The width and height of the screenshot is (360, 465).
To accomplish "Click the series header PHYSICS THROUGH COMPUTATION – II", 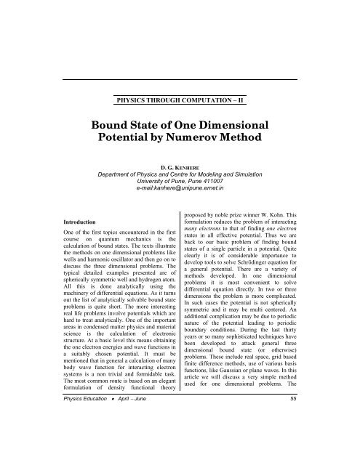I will (x=180, y=95).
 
